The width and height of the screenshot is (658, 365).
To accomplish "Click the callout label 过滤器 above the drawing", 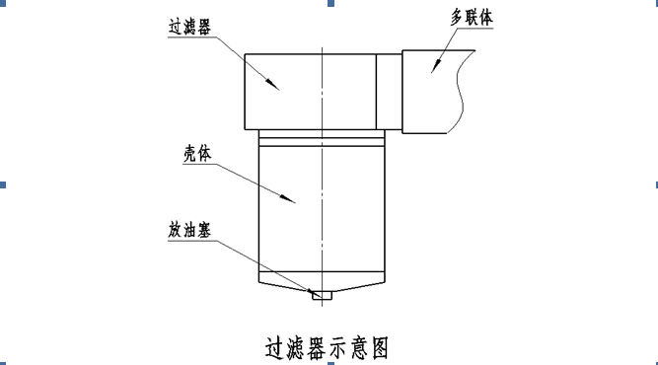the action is click(189, 27).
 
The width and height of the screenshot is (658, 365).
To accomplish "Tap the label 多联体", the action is click(472, 18).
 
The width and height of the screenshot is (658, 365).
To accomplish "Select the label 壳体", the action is click(197, 154).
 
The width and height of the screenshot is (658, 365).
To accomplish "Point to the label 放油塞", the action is click(189, 230).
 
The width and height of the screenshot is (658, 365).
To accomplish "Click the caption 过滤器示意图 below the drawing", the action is click(327, 348).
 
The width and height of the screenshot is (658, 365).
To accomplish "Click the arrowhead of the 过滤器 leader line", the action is click(272, 84).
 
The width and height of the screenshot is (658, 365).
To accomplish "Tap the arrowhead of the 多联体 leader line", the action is click(436, 65).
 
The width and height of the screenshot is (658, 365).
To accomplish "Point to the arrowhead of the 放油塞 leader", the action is click(311, 291).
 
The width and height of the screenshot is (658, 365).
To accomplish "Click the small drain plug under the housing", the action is click(322, 295).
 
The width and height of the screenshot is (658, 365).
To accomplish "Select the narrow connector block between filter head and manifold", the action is click(389, 92).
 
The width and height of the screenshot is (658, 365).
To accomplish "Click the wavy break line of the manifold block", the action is click(462, 92).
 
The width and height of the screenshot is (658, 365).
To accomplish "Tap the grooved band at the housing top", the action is click(322, 138).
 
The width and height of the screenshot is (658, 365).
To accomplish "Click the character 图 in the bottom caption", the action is click(380, 348).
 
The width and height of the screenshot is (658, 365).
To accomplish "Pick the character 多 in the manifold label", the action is click(457, 18).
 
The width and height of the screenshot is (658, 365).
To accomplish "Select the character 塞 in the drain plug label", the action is click(204, 230).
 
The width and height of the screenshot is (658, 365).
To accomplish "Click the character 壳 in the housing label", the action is click(190, 154).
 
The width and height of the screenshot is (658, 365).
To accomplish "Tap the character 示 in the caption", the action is click(338, 348).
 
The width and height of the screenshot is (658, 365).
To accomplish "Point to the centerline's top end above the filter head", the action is click(323, 47).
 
